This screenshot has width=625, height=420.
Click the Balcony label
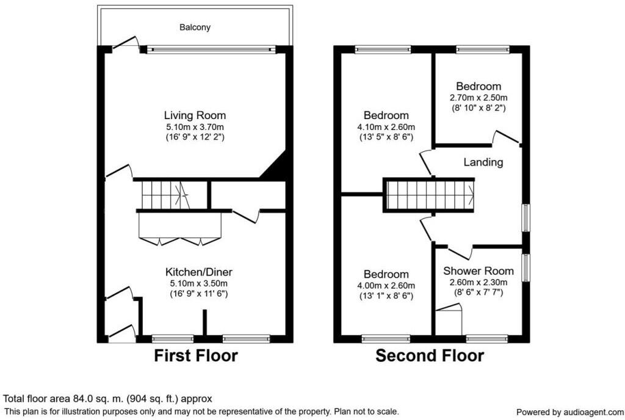pos(195,27)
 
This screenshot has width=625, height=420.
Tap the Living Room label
pos(195,115)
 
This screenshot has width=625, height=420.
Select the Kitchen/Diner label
pos(199,272)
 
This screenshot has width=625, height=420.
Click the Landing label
pos(483,162)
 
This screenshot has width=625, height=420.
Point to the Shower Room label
pos(478,271)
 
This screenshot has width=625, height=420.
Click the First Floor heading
pos(195,355)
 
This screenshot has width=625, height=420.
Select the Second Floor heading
pos(430,355)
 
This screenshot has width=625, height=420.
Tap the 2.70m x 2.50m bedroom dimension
pos(479,98)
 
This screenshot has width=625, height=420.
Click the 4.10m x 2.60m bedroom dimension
pos(386,127)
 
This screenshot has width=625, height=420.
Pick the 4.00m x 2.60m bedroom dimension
pos(386,286)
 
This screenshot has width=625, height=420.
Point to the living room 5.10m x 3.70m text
pos(195,126)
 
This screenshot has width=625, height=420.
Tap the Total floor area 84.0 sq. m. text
pos(108,399)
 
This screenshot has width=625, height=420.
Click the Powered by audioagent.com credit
pos(570,411)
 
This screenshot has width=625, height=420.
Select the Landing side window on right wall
pos(525,217)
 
